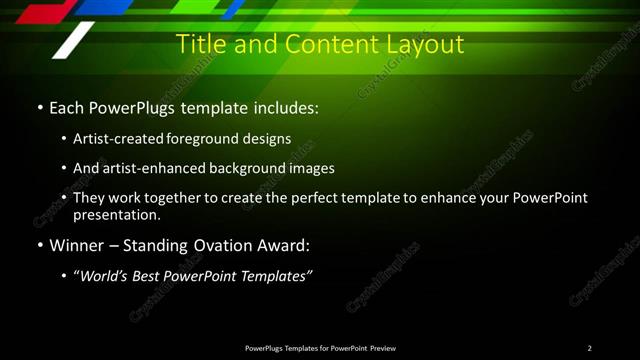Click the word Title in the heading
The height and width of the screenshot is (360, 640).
coord(198,45)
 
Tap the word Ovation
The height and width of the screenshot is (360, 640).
coord(212,245)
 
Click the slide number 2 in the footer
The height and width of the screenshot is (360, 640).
coord(589,348)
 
